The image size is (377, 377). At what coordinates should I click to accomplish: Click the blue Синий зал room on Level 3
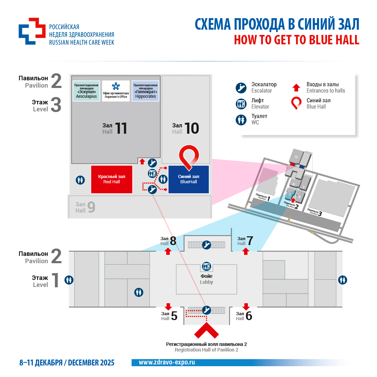click(188, 179)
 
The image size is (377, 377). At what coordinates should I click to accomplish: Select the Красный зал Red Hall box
click(112, 179)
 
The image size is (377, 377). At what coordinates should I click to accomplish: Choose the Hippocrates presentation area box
click(145, 91)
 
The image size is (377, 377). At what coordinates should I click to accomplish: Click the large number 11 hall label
click(121, 128)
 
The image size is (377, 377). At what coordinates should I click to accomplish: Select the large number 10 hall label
click(192, 128)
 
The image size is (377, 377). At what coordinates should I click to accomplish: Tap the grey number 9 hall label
click(91, 208)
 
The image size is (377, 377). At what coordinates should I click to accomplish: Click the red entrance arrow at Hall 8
click(168, 251)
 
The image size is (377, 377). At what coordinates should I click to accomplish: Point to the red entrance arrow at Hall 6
click(246, 307)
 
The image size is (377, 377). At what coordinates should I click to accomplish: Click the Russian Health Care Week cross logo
click(32, 31)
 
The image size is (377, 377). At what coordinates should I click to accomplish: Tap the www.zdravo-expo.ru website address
click(167, 362)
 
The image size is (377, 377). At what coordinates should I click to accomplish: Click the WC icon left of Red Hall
click(81, 180)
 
